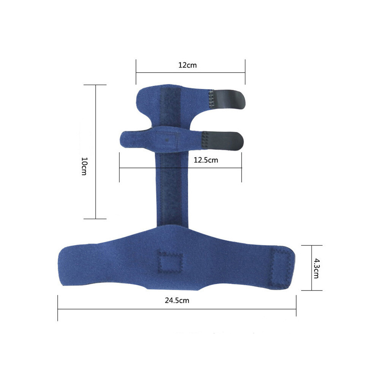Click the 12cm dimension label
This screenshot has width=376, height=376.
(x=187, y=65)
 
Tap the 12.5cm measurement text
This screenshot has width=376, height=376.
(x=206, y=160)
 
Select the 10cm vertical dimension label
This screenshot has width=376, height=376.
(x=84, y=166)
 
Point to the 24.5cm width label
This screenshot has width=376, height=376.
(x=177, y=300)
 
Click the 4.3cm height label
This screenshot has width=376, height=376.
(x=316, y=268)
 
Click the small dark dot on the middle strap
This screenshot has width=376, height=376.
(x=167, y=139)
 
